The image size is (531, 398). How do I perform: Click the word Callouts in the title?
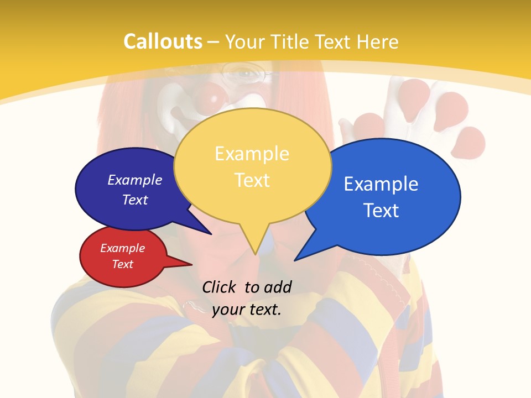(163, 42)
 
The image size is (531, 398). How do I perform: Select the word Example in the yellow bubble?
(252, 154)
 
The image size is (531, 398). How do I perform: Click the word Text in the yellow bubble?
(252, 180)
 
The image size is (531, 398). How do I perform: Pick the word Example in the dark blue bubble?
(135, 180)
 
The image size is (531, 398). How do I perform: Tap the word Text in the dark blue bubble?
(135, 200)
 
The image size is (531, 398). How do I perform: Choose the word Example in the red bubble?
(122, 249)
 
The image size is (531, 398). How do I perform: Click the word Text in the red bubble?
(122, 264)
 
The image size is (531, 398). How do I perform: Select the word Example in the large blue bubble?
(381, 184)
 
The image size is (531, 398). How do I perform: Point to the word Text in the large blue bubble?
(381, 211)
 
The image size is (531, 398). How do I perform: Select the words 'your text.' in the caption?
(246, 310)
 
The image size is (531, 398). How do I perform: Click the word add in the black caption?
(277, 287)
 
